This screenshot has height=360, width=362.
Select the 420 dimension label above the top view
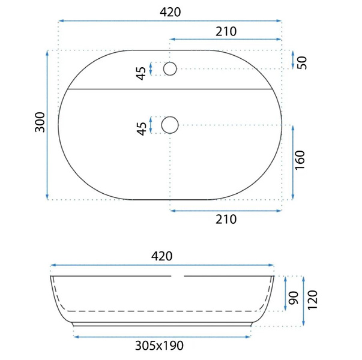coord(170,12)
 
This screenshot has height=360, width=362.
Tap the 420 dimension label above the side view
coord(162,256)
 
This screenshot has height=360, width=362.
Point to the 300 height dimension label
coord(40,122)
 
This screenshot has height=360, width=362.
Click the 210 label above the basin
coord(226,32)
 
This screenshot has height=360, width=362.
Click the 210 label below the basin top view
coord(226,219)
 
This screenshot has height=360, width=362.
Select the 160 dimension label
coord(300,160)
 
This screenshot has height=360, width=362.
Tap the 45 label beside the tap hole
coord(141,73)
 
